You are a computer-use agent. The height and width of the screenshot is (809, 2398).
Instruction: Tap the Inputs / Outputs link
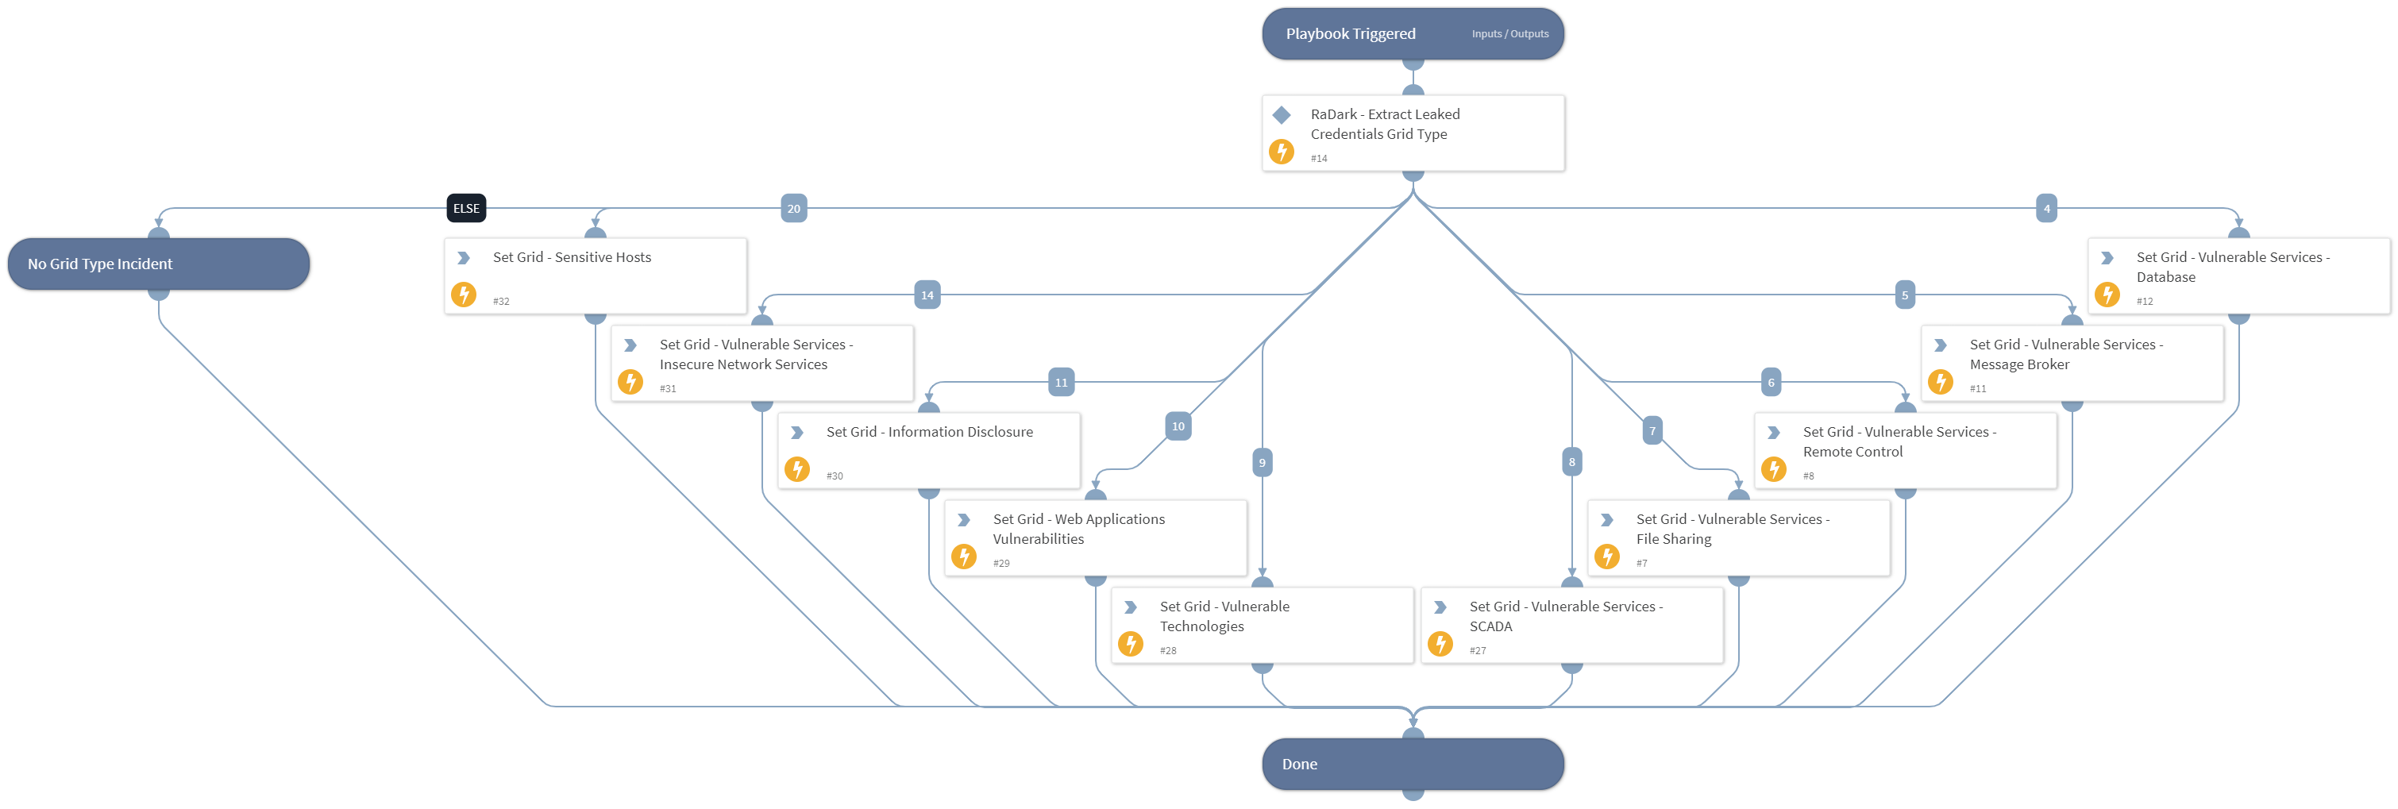pos(1509,34)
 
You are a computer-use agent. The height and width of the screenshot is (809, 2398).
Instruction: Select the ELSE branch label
pos(465,209)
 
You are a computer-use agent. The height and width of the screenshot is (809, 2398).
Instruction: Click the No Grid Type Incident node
pos(158,264)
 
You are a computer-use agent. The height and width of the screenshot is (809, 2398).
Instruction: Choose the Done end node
pos(1411,765)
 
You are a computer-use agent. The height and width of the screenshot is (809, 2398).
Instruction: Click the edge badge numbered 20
pos(793,209)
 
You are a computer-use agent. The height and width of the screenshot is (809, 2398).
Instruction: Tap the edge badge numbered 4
pos(2045,209)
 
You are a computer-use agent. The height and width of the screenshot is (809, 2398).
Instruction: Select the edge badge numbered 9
pos(1262,463)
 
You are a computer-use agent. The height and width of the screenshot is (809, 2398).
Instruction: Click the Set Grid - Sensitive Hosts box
pos(596,275)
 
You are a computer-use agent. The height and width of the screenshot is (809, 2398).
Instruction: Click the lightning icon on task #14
pos(1281,152)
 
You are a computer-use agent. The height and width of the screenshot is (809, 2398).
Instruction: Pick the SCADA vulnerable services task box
pos(1571,626)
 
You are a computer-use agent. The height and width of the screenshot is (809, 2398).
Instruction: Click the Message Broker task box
pos(2072,363)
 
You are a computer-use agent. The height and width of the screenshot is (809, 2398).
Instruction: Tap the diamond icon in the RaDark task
pos(1281,115)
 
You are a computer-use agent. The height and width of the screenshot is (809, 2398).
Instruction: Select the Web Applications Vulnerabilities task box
pos(1095,538)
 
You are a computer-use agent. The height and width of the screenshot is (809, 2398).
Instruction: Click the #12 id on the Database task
pos(2144,302)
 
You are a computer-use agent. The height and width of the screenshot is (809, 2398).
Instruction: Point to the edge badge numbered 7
pos(1652,431)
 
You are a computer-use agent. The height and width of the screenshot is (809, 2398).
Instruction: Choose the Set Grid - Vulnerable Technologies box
pos(1262,626)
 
